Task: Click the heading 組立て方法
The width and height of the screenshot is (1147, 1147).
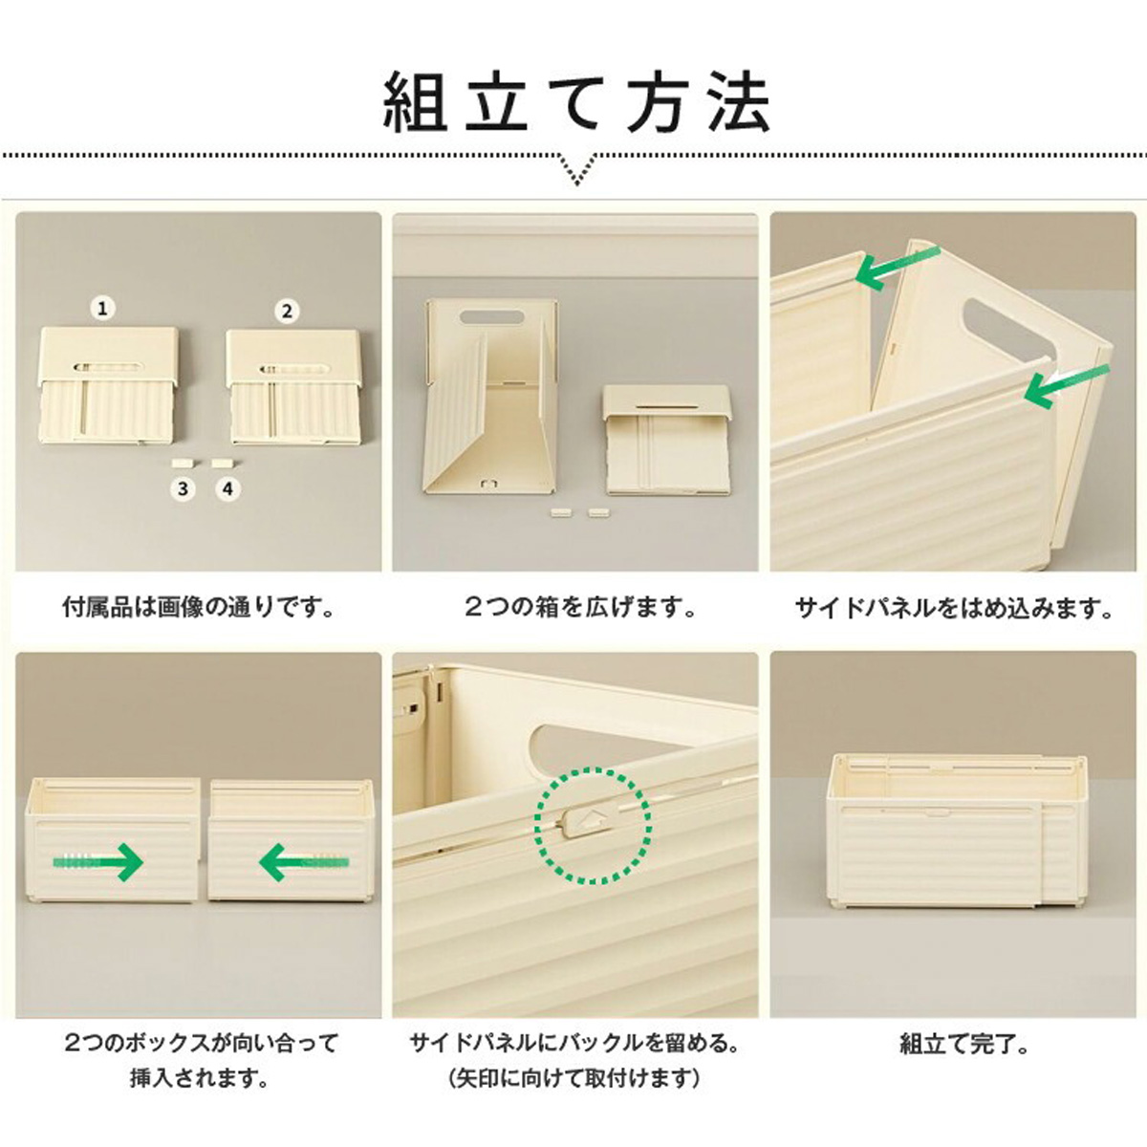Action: point(576,101)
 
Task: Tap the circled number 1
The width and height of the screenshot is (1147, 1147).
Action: point(103,309)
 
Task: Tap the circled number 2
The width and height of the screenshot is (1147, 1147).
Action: point(288,311)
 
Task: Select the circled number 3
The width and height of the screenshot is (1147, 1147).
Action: point(183,488)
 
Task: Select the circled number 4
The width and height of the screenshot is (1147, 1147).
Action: point(227,488)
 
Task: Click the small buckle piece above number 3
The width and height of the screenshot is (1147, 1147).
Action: point(181,463)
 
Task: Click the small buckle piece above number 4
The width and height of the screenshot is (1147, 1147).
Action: point(222,463)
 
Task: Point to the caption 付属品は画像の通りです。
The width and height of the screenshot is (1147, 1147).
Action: point(198,608)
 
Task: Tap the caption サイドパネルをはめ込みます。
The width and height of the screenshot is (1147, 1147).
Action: point(954,608)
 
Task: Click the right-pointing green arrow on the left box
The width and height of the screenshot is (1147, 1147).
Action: point(98,861)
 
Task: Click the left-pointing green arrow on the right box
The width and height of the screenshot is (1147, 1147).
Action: point(303,861)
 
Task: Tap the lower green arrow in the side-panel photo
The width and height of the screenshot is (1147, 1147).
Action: point(1066,385)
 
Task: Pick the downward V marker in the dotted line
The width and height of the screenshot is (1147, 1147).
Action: point(576,168)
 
